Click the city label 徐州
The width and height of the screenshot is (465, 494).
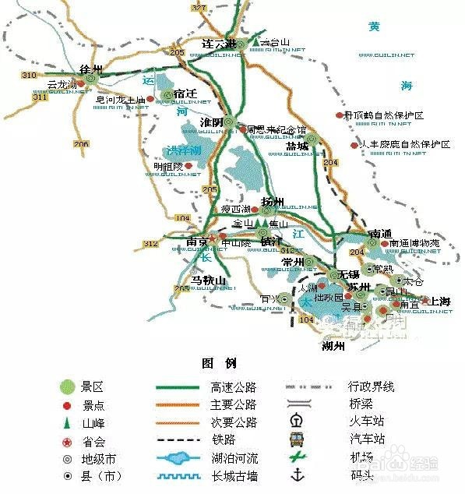click(91, 69)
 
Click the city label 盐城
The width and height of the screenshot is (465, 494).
click(298, 146)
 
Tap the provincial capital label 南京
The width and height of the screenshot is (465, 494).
click(196, 242)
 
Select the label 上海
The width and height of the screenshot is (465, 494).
click(440, 302)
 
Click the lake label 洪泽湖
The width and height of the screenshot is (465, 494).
click(183, 150)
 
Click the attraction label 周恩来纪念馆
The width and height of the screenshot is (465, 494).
click(277, 130)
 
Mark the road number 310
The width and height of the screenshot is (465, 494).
click(30, 76)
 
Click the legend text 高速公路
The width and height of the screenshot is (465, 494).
click(233, 387)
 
